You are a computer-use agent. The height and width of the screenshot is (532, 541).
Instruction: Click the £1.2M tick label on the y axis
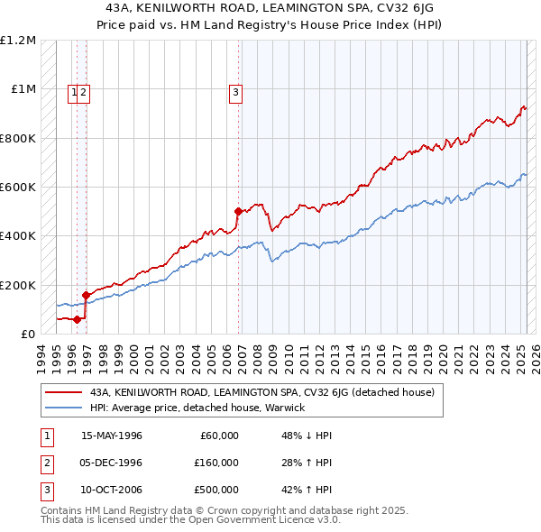18,41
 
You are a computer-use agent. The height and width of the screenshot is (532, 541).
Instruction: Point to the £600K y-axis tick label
18,188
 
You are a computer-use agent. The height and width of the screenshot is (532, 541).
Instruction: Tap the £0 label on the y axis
28,335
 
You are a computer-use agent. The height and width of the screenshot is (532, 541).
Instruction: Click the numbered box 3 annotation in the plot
235,91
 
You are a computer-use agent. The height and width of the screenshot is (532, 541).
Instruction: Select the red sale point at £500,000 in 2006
238,212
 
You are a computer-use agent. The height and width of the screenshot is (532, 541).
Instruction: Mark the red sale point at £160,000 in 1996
86,295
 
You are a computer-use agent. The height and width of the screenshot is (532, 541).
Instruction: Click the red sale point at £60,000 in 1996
78,319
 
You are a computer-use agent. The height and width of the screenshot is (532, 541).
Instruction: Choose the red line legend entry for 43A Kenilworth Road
262,392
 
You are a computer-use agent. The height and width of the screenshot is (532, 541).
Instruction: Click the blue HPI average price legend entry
197,408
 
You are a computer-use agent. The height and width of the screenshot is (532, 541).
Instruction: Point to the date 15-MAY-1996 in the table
112,436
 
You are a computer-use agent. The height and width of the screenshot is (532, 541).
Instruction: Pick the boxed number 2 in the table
45,463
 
